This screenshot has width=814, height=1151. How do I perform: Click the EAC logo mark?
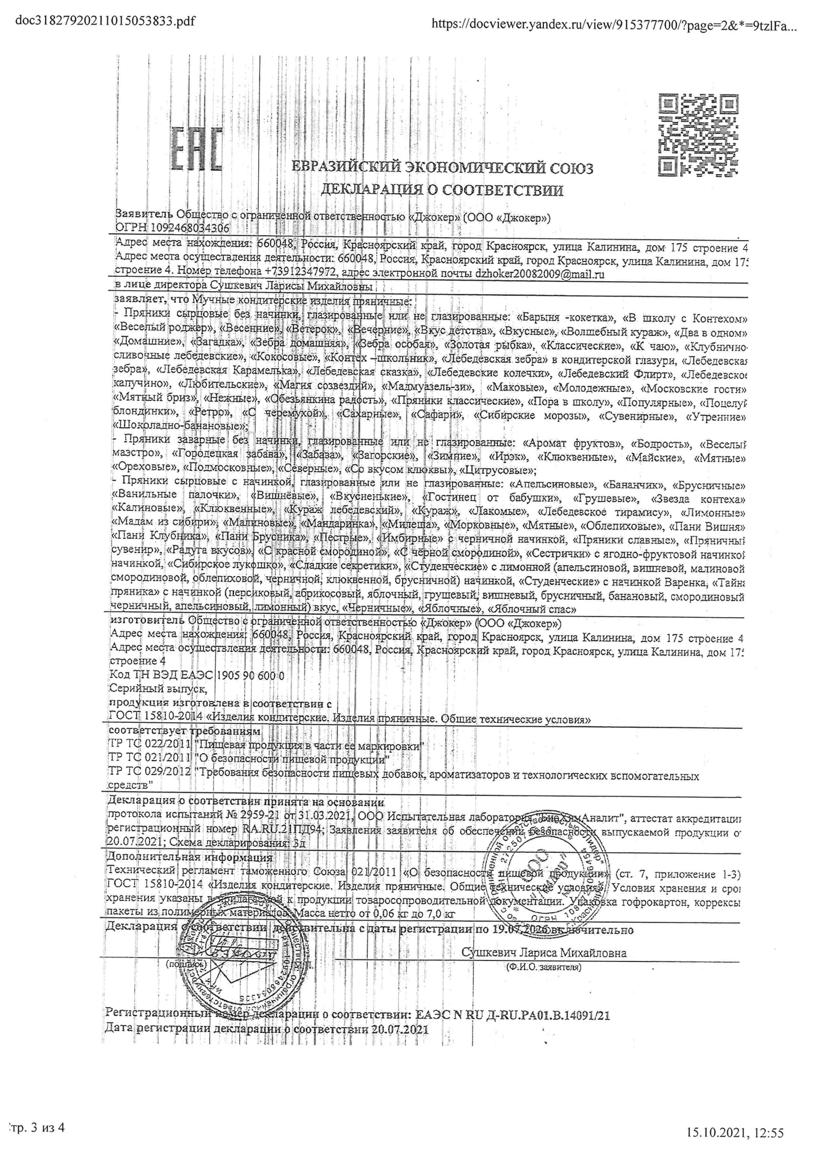197,149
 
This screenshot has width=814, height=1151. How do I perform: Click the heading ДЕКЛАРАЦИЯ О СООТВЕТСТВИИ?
441,191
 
